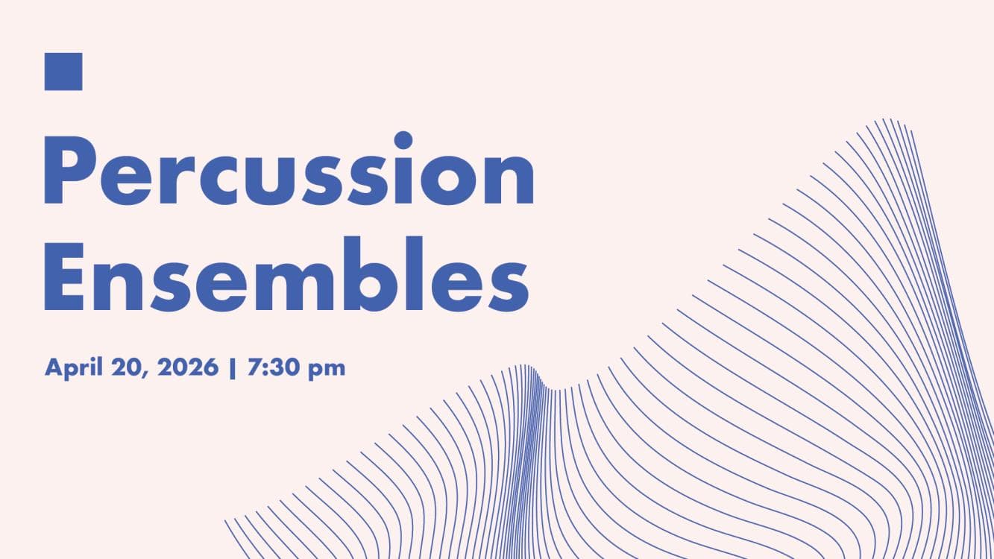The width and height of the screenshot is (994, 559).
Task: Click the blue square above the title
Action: pos(63,72)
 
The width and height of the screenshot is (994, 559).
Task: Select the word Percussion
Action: pos(289,171)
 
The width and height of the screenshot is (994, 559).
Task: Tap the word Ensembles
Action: pos(286,274)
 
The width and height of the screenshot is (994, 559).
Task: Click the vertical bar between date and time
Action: pos(233,367)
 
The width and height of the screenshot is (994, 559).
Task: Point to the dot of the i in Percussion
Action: pos(403,140)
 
